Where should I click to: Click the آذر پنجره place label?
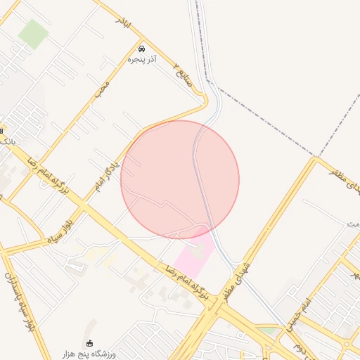coord(142,61)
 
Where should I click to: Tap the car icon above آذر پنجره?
coord(143,49)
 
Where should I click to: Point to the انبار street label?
coord(124,23)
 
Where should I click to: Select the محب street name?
coord(103,89)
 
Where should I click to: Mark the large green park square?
coord(33,34)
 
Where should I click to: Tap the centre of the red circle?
coord(180,179)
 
